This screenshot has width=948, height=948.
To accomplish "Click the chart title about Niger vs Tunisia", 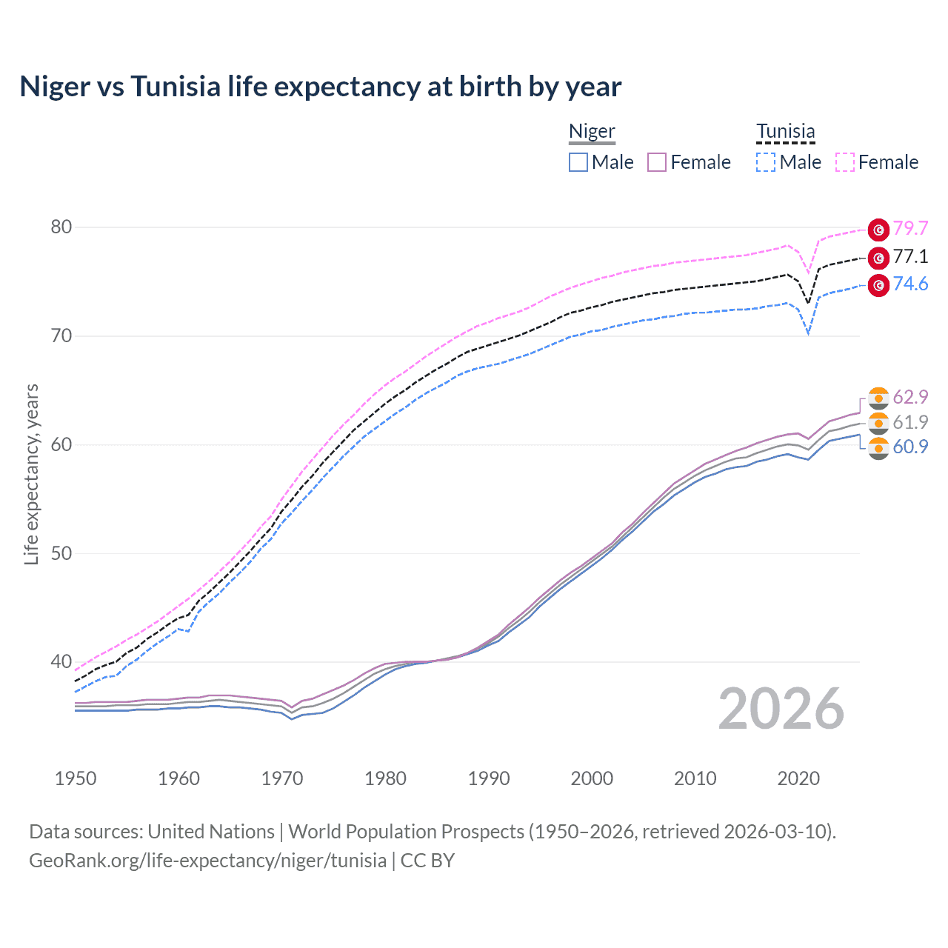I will point(320,87).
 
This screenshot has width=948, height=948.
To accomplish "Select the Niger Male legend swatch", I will point(578,162).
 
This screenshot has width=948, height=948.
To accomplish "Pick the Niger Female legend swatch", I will point(657,162).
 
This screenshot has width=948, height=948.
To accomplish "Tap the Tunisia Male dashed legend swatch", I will point(766,162).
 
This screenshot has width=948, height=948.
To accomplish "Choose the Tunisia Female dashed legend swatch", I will point(845,162).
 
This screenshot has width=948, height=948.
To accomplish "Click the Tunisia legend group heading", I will point(785,132).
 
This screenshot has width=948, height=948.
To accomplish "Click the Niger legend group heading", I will point(592,132).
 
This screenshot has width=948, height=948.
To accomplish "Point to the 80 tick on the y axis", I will point(61,227).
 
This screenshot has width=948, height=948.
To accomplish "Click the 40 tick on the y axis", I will point(61,661).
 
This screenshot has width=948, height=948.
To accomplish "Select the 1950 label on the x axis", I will point(76,778).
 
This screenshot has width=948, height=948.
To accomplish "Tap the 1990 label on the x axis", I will point(489,778).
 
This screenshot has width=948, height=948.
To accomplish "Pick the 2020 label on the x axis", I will point(798,778).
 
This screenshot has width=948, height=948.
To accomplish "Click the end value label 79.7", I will point(910,229).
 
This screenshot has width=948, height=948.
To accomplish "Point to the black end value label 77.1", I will point(910,257).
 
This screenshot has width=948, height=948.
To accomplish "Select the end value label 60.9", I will point(910,447).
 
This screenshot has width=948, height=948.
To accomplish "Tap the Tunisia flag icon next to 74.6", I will point(878,285).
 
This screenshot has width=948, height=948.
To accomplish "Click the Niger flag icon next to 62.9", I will point(878,398).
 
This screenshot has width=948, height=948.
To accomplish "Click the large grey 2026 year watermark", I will point(781,710).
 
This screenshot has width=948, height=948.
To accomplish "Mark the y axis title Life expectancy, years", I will point(31,474).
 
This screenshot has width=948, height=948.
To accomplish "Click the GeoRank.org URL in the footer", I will point(207,861).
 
